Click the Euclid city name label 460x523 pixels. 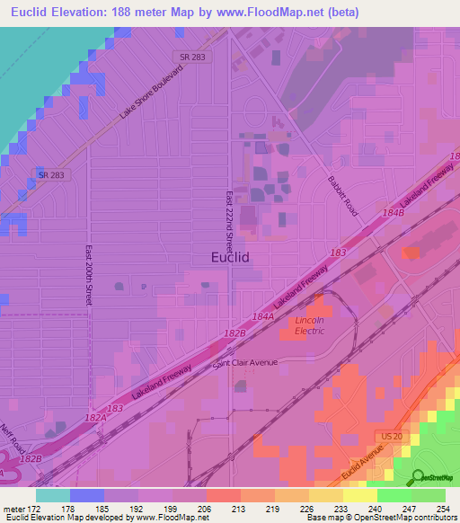(229, 257)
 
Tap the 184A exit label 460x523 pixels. (262, 316)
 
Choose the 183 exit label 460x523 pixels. (339, 254)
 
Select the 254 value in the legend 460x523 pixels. (444, 509)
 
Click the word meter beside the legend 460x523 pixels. (13, 509)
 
